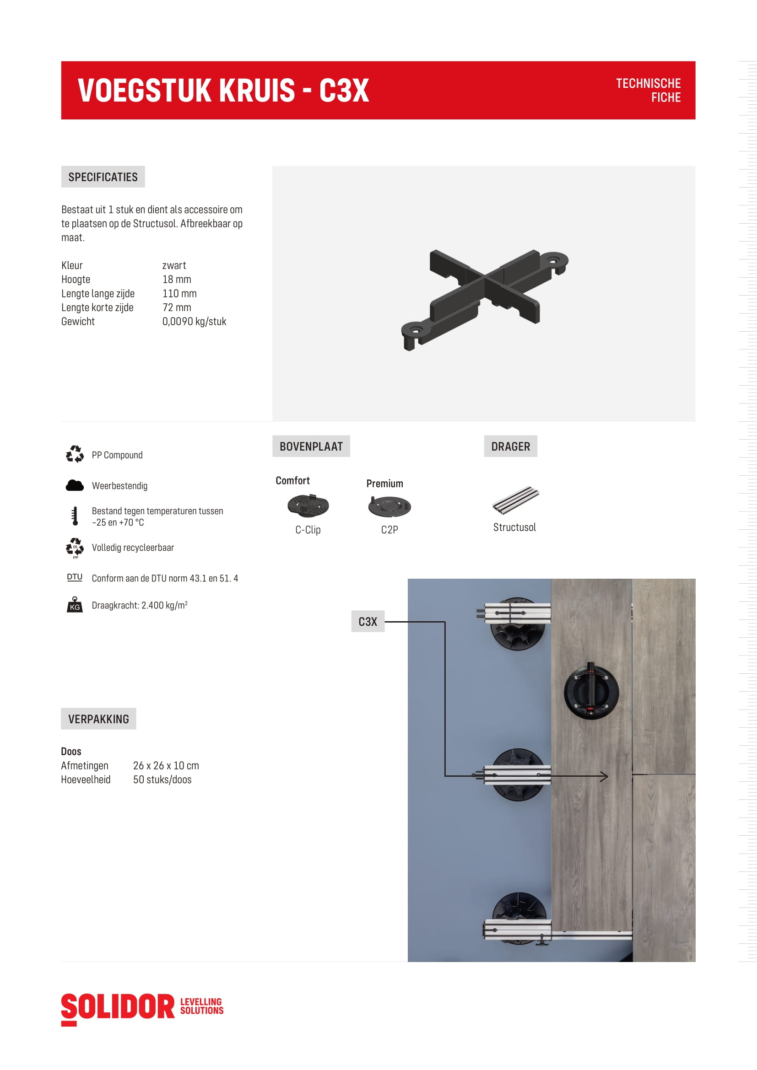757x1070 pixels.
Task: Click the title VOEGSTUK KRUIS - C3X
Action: tap(223, 91)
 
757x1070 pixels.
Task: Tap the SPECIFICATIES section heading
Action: tap(103, 177)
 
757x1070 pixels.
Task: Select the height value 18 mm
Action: tap(177, 280)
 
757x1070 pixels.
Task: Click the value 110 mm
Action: tap(179, 294)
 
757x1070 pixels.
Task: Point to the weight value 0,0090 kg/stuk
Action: tap(194, 322)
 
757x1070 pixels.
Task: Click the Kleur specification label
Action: tap(72, 266)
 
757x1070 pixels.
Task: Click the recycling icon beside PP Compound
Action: tap(75, 454)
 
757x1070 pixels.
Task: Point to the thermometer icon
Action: tap(75, 516)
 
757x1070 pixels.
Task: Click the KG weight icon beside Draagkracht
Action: tap(75, 605)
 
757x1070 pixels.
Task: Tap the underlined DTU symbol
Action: tap(75, 577)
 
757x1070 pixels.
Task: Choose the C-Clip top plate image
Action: tap(308, 506)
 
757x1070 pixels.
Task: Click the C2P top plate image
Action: tap(389, 506)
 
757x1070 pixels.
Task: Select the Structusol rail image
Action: tap(515, 500)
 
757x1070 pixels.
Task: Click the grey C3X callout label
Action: tap(368, 622)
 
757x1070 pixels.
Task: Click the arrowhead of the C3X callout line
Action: tap(605, 776)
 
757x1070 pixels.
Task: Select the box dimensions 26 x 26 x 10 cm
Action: tap(166, 766)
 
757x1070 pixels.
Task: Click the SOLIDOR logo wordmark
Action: tap(118, 1007)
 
